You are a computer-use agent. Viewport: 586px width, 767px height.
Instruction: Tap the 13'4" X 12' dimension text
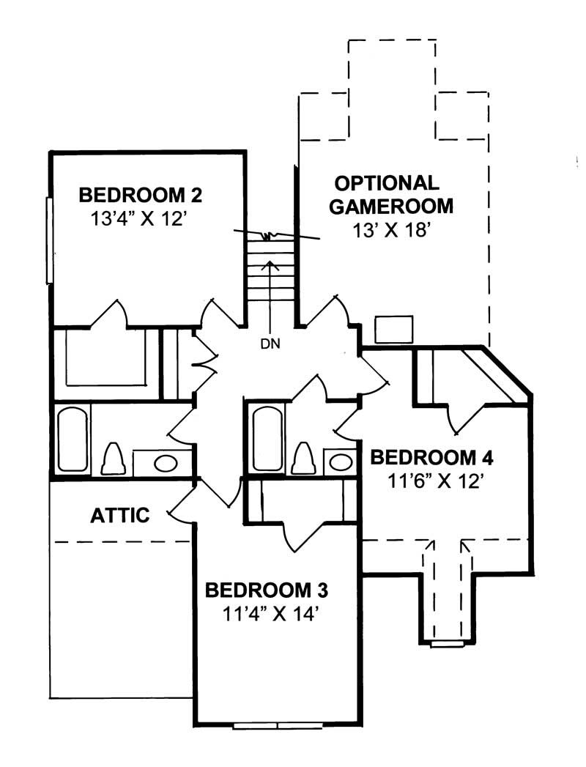[140, 219]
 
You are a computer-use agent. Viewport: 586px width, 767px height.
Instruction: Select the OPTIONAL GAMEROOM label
[390, 194]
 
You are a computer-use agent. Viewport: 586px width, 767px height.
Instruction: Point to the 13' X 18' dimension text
[391, 231]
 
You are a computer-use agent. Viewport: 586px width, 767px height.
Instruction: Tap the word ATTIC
[120, 515]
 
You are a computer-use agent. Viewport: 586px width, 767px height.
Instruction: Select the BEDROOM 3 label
[266, 590]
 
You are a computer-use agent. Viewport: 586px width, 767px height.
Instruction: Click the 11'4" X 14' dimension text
[267, 614]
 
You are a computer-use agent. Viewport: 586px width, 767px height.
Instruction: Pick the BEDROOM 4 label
[431, 458]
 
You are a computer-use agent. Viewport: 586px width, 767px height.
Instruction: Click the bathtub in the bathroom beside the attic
[73, 440]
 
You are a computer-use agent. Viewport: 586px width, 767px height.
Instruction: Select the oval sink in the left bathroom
[166, 463]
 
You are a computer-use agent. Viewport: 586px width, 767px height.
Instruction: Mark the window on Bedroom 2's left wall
[48, 240]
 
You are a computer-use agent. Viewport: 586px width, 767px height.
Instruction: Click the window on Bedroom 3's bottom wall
[278, 726]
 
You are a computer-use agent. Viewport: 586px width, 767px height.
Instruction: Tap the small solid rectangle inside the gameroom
[393, 330]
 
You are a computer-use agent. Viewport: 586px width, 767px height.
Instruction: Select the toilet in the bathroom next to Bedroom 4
[303, 459]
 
